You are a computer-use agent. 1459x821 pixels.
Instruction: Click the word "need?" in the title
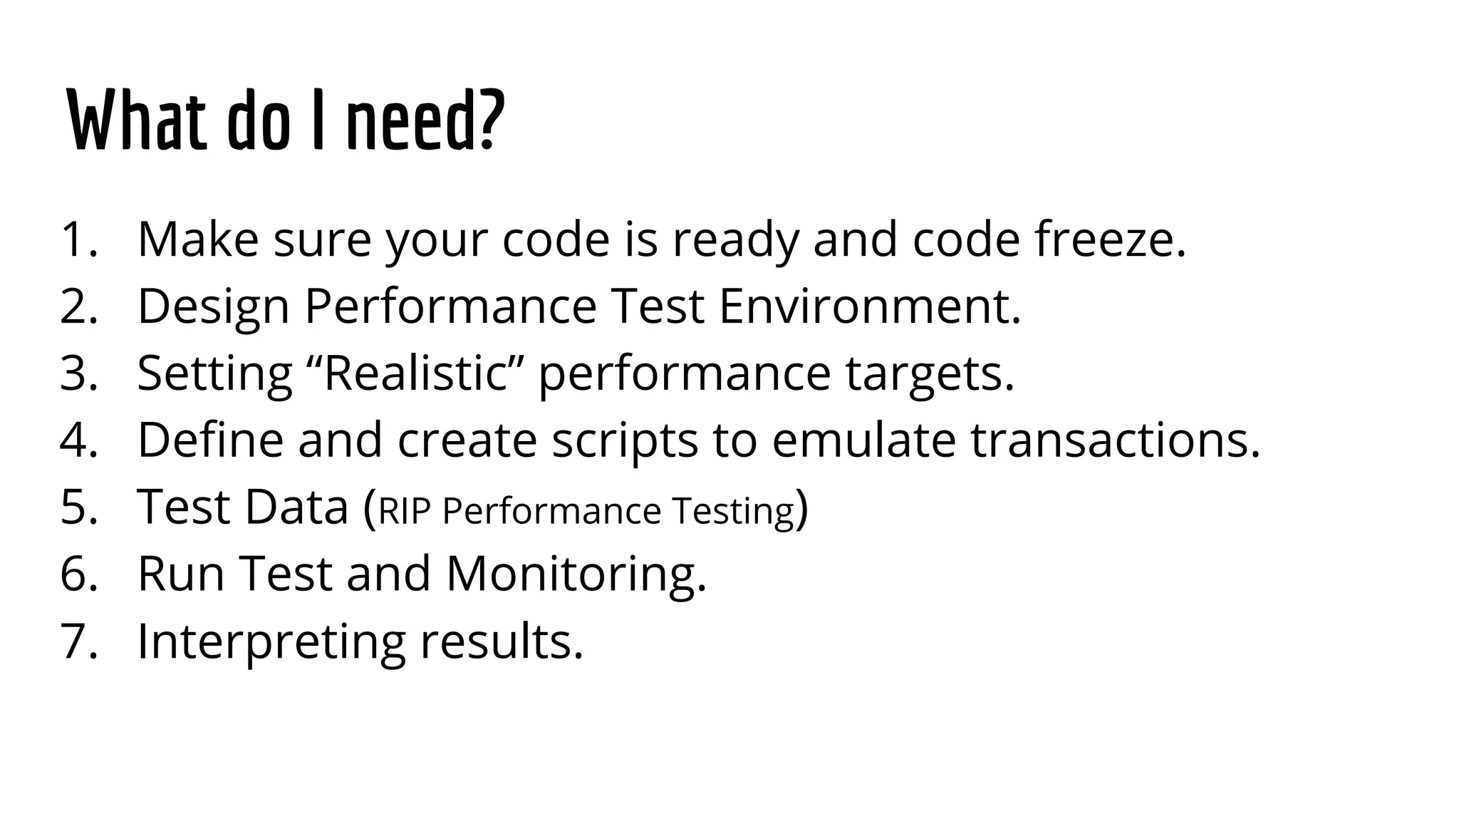click(425, 121)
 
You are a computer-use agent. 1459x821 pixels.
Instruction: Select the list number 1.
click(77, 239)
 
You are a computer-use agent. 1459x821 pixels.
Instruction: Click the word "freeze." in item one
click(1111, 239)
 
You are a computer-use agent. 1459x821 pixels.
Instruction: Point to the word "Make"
click(198, 239)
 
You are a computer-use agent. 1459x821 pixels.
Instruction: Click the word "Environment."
click(870, 306)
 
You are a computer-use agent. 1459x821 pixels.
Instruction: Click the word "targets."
click(930, 374)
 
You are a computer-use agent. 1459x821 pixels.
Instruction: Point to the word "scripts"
click(625, 441)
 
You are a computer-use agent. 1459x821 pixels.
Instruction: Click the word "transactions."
click(1116, 440)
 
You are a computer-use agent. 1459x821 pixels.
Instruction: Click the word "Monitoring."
click(576, 574)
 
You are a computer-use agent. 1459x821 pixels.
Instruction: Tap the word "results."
click(502, 641)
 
